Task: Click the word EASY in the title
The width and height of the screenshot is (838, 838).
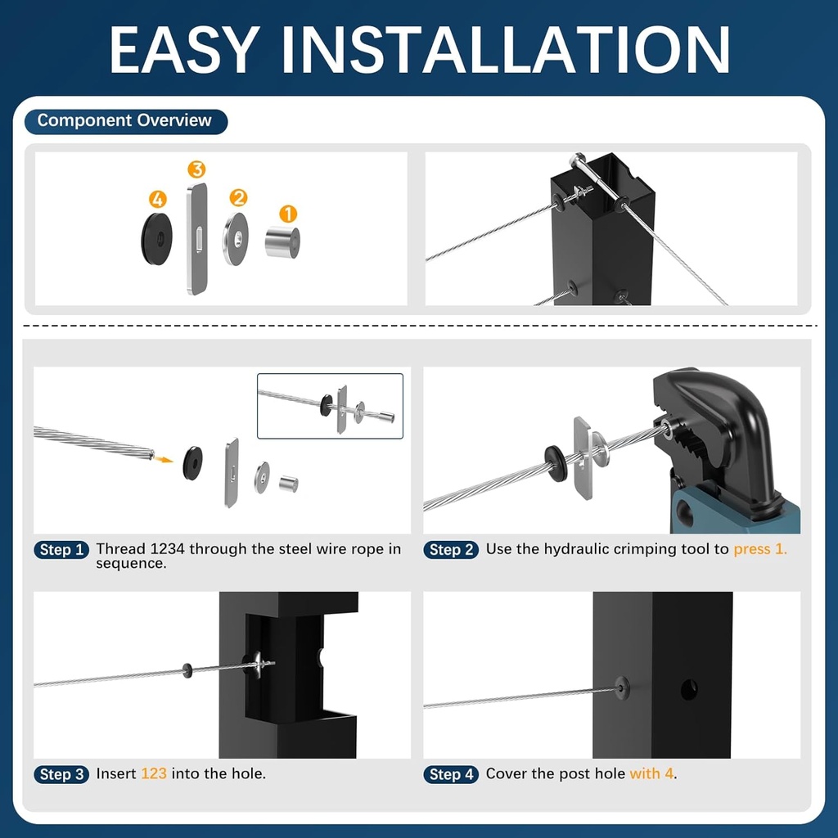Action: (x=193, y=51)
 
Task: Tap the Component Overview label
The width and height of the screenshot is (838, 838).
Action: (x=124, y=121)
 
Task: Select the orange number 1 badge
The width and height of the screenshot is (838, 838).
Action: (x=288, y=214)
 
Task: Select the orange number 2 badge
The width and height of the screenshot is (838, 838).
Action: (x=238, y=197)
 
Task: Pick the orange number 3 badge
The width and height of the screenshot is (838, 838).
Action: (x=196, y=170)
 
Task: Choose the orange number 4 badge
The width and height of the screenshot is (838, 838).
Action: (x=158, y=199)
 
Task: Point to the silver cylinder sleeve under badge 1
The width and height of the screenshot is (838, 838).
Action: (x=282, y=242)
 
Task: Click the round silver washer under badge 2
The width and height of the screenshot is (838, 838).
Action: (x=237, y=239)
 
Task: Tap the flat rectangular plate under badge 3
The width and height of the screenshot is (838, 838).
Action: (x=196, y=238)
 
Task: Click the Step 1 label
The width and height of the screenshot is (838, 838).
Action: (x=61, y=550)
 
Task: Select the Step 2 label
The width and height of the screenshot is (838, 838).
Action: (x=451, y=550)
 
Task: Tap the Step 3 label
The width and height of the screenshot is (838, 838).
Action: (x=61, y=774)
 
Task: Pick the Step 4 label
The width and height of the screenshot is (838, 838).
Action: (x=451, y=774)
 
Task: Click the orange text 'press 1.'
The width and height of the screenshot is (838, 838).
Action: (x=760, y=549)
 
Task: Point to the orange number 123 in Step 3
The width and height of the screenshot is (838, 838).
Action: (x=154, y=773)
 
